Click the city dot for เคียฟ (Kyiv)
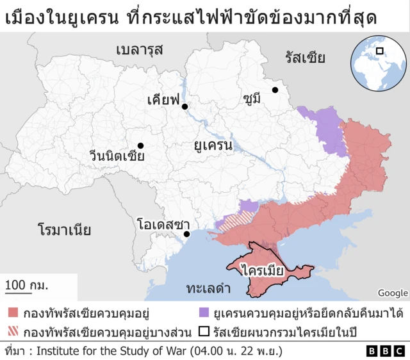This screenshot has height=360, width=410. (x=184, y=106)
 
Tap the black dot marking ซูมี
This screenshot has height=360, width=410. (x=274, y=90)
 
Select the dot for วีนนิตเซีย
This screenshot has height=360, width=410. (x=140, y=145)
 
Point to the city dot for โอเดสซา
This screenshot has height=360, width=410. (x=186, y=234)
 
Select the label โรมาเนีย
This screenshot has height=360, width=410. (x=64, y=229)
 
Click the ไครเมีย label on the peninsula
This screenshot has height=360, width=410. (x=263, y=270)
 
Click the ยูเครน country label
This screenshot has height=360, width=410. (x=213, y=145)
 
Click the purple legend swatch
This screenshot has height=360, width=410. (x=204, y=314)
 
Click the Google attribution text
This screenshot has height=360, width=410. (x=393, y=293)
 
